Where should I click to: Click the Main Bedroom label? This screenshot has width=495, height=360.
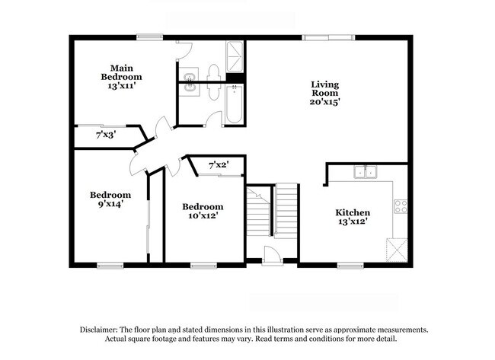[122, 72]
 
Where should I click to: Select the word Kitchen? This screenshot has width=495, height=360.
[353, 212]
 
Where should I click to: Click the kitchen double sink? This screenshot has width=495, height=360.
[365, 172]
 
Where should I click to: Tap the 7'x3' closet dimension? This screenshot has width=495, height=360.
[106, 135]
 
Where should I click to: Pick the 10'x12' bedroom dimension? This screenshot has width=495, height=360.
[203, 216]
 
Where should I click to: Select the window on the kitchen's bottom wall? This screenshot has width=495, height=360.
[350, 265]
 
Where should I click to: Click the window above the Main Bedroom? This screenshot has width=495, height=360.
[149, 36]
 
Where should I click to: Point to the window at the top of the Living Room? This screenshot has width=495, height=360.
[327, 36]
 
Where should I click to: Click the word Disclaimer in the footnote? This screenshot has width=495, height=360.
[104, 330]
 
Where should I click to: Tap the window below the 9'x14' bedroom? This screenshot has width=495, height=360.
[110, 265]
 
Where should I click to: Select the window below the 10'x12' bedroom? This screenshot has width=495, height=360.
[202, 265]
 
